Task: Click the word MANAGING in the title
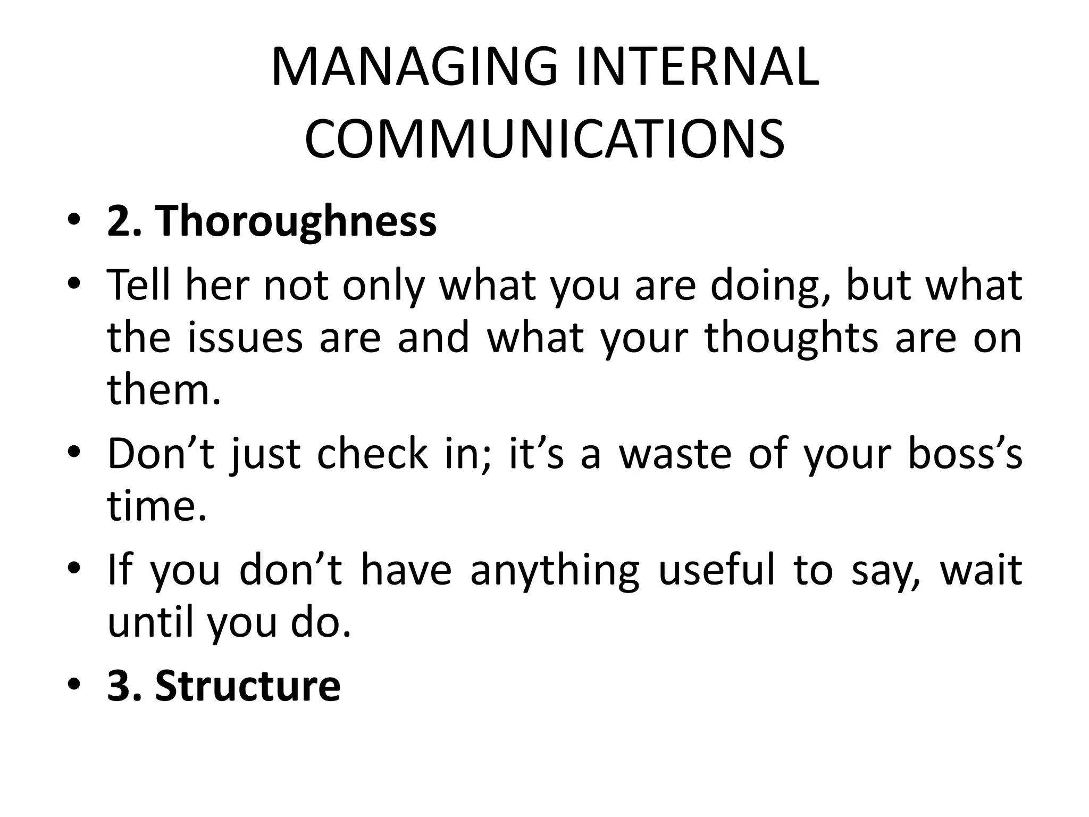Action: point(414,68)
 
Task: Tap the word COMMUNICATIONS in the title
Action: point(544,139)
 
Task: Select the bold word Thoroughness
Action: point(296,222)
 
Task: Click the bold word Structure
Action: point(247,686)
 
